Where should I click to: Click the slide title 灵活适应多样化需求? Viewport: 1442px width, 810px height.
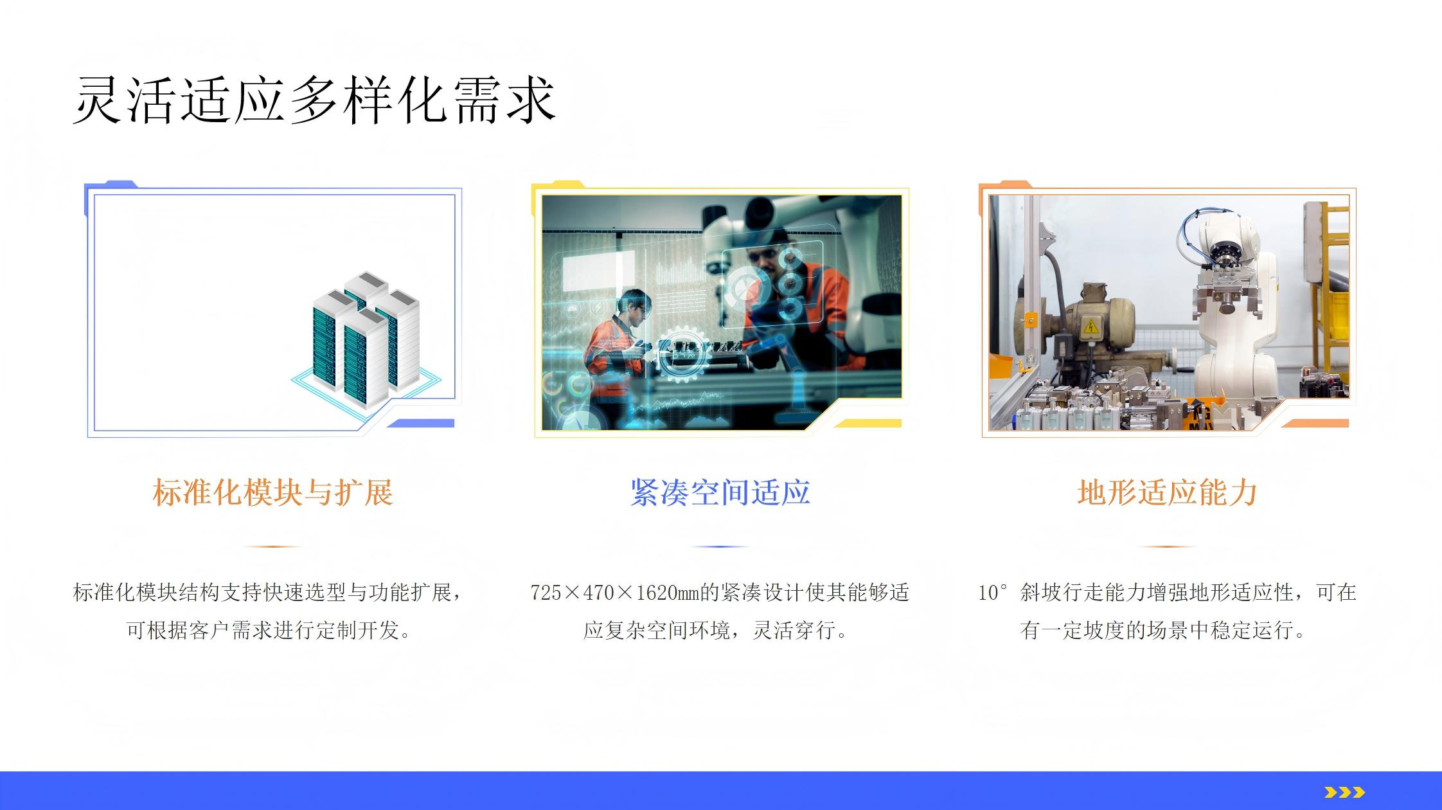[x=314, y=100]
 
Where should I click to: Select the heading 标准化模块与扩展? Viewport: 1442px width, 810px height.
[x=273, y=493]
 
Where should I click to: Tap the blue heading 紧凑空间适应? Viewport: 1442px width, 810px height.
[x=720, y=493]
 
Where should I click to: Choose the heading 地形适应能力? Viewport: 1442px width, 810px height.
[x=1168, y=493]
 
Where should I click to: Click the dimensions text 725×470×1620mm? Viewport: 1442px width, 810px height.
[x=614, y=593]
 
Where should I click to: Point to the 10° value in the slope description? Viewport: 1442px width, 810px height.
[x=992, y=593]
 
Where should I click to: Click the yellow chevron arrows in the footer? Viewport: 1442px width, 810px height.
[x=1344, y=792]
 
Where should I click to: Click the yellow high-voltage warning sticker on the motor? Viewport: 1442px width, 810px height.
[x=1090, y=328]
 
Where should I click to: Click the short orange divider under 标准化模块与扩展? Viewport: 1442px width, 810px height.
[x=272, y=546]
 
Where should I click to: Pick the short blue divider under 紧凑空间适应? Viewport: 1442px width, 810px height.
[x=720, y=546]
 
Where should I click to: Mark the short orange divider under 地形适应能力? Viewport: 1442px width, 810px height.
[x=1167, y=546]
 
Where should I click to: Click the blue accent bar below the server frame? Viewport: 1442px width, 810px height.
[x=420, y=423]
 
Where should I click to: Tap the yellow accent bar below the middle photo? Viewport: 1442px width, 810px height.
[x=868, y=423]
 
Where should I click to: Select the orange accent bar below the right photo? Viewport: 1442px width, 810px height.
[x=1315, y=423]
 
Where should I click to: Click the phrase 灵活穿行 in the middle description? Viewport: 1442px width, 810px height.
[x=794, y=630]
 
